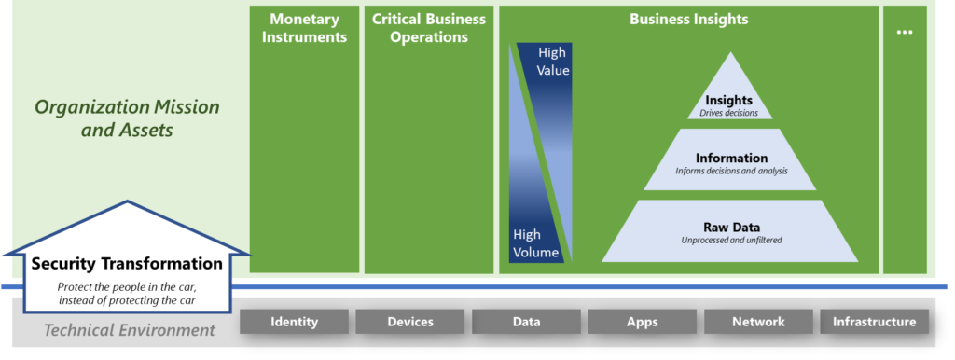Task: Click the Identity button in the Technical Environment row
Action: coord(294,322)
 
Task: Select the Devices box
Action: coord(409,322)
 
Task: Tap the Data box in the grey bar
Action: coord(526,322)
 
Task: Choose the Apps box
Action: coord(642,322)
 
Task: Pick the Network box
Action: coord(758,322)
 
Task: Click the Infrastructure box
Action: coord(874,322)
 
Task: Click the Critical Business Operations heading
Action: coord(428,28)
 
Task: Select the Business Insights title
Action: coord(688,19)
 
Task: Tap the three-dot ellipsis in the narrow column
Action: coord(904,32)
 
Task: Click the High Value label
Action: coord(553,61)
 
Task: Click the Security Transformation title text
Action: coord(127,264)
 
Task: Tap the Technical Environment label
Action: coord(130,329)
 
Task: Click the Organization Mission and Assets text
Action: coord(127,118)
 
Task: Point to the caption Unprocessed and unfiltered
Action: coord(731,241)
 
